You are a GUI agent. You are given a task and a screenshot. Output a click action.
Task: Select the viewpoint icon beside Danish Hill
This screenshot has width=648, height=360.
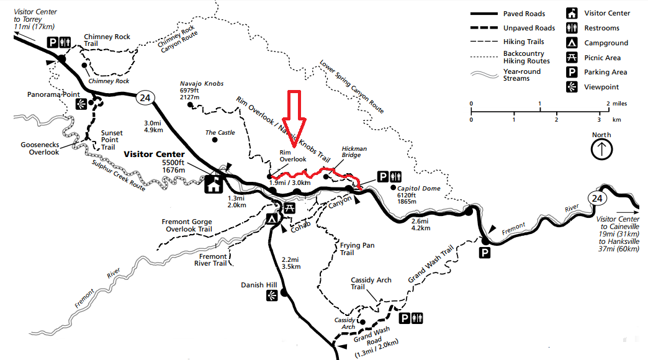(x=271, y=297)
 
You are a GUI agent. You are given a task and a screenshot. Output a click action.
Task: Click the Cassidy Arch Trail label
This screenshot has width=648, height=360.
(x=371, y=284)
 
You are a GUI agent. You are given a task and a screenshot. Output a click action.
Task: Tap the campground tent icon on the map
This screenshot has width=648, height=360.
(x=271, y=218)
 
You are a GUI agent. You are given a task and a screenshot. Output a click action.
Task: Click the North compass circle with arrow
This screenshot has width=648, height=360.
(x=601, y=150)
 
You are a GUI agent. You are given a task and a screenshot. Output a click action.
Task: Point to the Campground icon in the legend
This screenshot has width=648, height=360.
(x=571, y=43)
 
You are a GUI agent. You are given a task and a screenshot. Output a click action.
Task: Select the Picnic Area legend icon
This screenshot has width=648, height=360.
(x=571, y=58)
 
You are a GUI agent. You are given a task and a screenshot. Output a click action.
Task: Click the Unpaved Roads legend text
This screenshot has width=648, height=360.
(x=529, y=28)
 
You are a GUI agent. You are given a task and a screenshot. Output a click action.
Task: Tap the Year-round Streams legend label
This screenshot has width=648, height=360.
(x=521, y=75)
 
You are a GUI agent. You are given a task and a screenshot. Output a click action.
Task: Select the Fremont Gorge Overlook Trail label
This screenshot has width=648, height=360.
(x=187, y=225)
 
